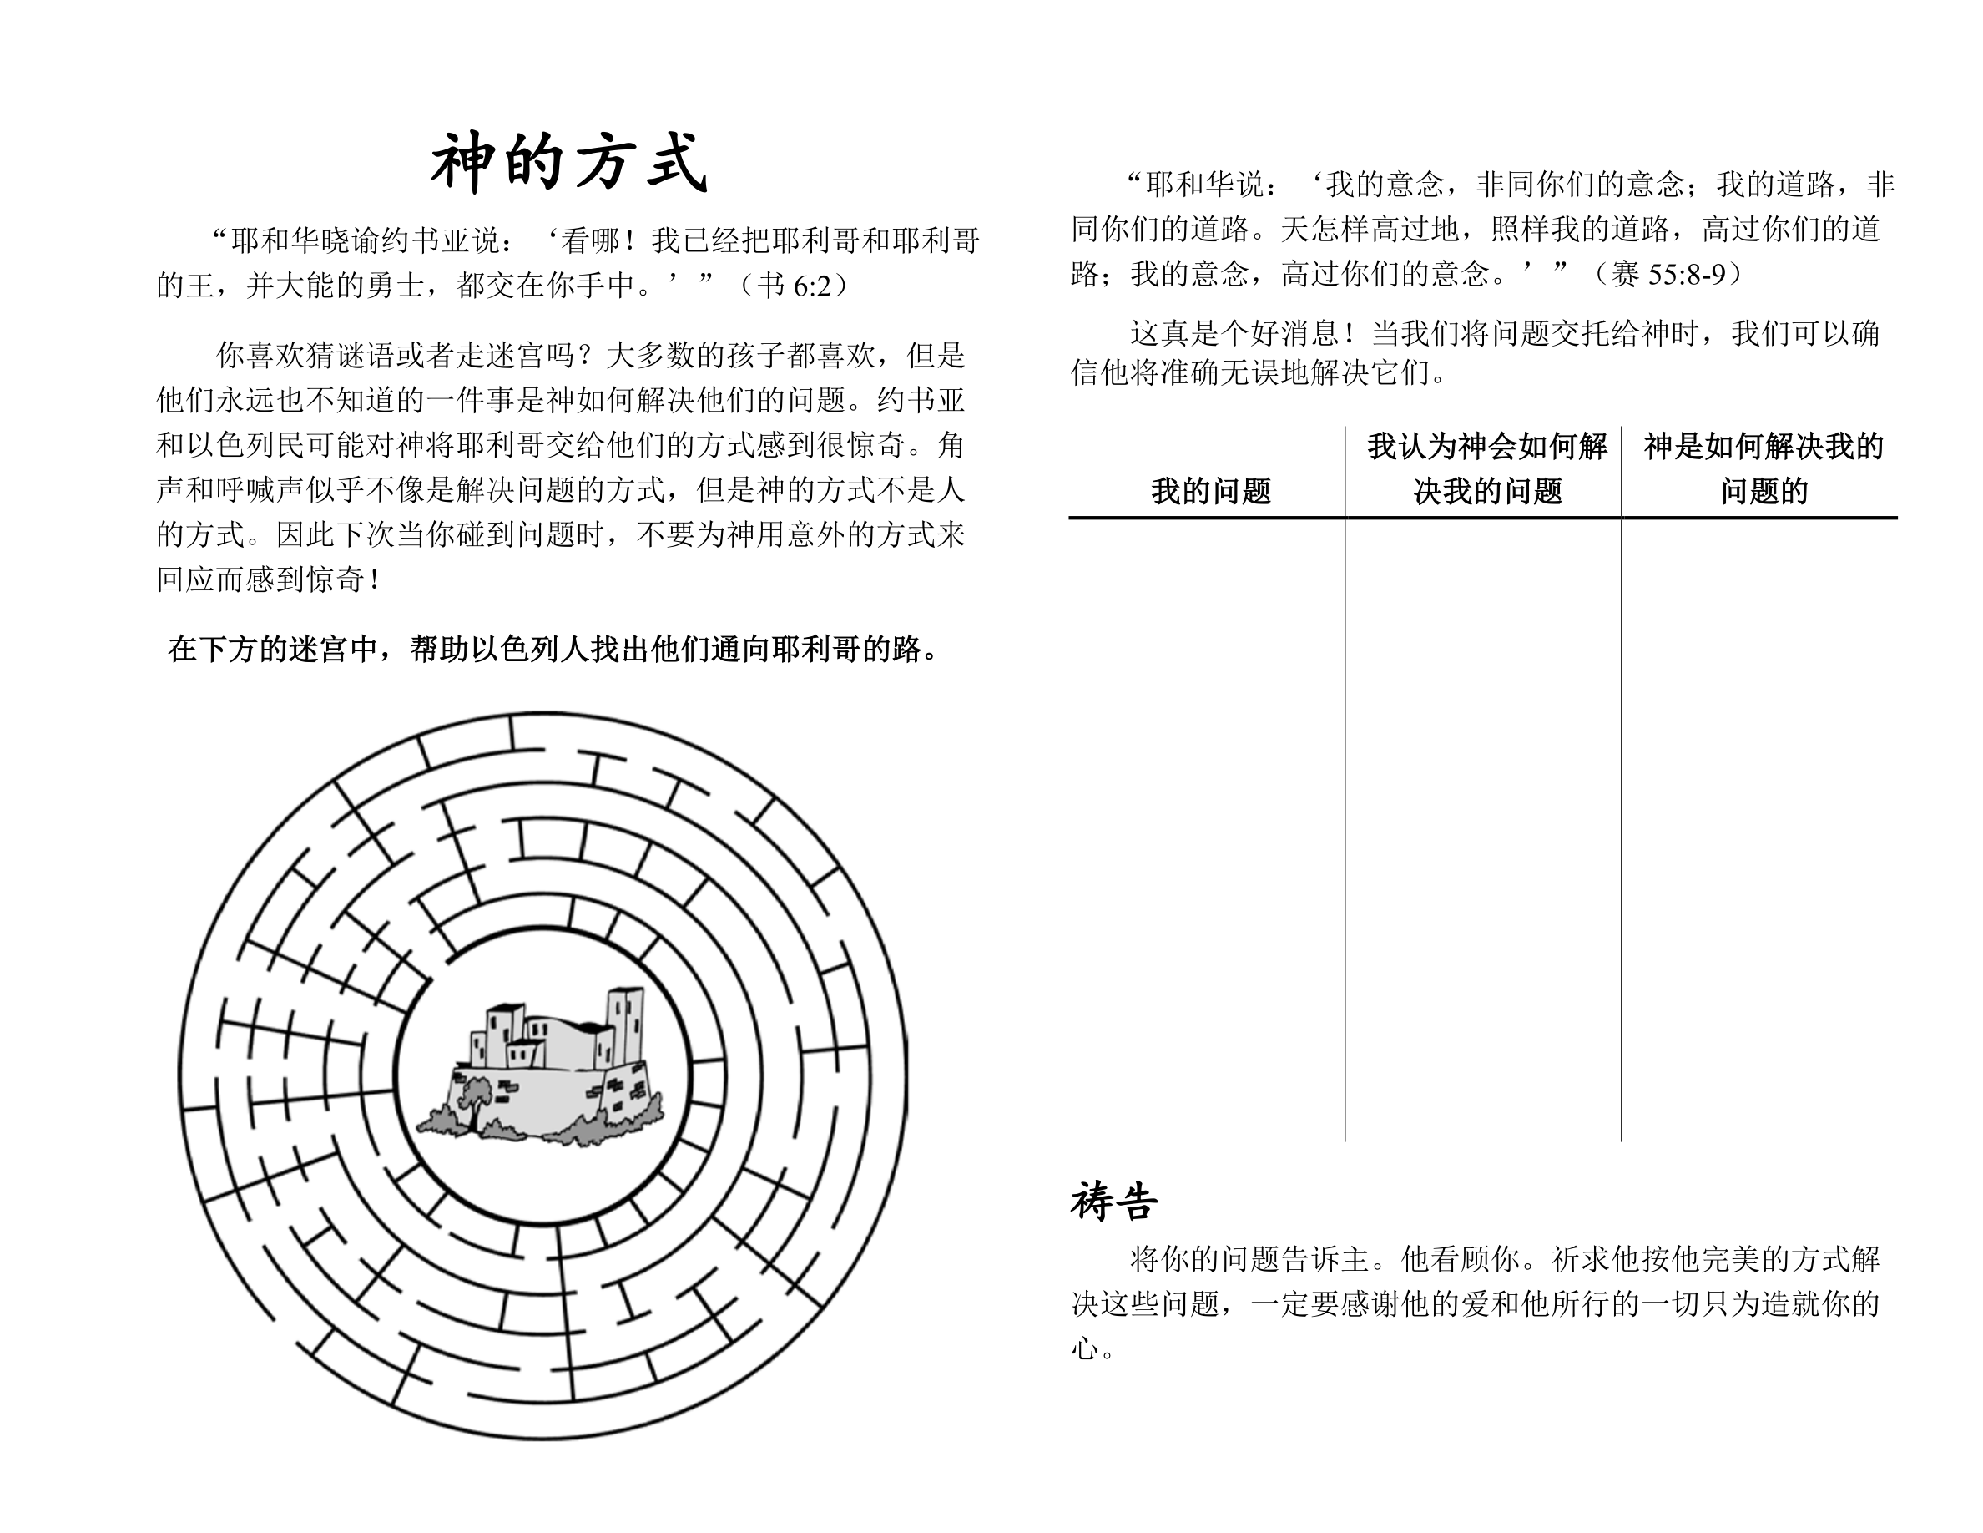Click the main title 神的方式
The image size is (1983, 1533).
568,164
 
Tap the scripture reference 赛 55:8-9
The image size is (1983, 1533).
1669,274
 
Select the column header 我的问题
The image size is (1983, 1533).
1210,491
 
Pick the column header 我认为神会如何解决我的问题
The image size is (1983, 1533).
1487,468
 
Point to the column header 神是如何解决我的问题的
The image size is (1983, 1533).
1764,468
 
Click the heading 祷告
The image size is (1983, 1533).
1113,1202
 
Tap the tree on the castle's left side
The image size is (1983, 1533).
474,1099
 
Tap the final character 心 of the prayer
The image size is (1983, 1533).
1084,1348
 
